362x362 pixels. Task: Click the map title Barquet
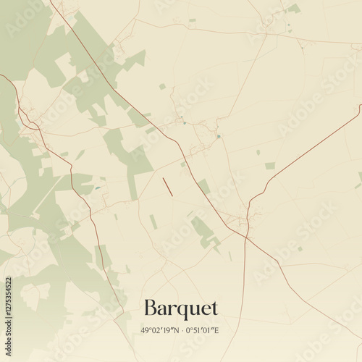click(181, 308)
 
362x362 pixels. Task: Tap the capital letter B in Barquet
click(151, 307)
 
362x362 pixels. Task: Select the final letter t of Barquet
click(214, 308)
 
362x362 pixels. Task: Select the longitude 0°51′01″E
click(203, 331)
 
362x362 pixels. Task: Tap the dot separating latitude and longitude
click(181, 331)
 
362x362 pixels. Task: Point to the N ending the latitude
click(174, 331)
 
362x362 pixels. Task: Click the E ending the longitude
click(216, 331)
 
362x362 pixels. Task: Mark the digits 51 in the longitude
click(196, 331)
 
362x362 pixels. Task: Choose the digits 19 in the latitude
click(166, 331)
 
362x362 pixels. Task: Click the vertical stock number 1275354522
click(8, 319)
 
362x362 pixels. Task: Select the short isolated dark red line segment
click(168, 187)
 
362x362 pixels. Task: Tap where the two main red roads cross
click(246, 236)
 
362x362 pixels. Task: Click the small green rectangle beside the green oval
click(270, 166)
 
